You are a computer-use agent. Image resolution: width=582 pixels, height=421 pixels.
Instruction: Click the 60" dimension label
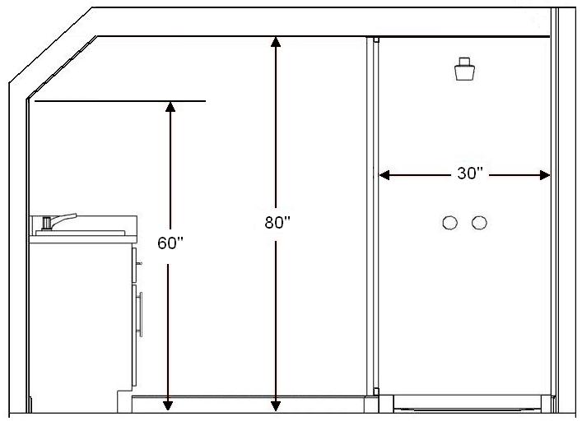[170, 243]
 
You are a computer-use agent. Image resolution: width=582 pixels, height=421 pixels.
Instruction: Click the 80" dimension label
[277, 222]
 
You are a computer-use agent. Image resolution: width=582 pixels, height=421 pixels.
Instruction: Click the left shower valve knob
[449, 223]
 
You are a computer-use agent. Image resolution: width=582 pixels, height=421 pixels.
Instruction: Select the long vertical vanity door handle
[142, 313]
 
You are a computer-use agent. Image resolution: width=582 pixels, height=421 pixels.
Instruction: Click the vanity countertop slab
[82, 234]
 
